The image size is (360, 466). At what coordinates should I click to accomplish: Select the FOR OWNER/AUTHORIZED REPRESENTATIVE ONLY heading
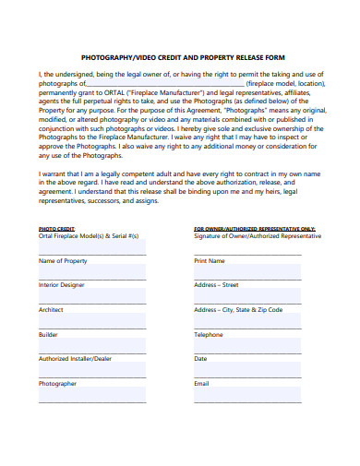pyautogui.click(x=255, y=227)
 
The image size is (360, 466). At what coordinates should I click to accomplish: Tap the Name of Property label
pyautogui.click(x=64, y=261)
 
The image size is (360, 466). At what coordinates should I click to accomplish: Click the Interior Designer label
pyautogui.click(x=62, y=285)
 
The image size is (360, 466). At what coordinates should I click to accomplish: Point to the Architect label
pyautogui.click(x=51, y=310)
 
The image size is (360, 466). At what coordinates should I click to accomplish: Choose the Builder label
pyautogui.click(x=48, y=334)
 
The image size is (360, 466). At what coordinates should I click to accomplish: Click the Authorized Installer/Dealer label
pyautogui.click(x=75, y=359)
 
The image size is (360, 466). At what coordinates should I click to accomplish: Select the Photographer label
pyautogui.click(x=57, y=383)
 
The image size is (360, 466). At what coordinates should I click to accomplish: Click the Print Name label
pyautogui.click(x=210, y=261)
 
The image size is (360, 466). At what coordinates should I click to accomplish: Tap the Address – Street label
pyautogui.click(x=216, y=285)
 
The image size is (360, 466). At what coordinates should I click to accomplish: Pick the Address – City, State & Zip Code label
pyautogui.click(x=238, y=310)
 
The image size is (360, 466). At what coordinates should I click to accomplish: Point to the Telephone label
pyautogui.click(x=209, y=334)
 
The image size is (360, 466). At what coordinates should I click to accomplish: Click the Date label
pyautogui.click(x=201, y=359)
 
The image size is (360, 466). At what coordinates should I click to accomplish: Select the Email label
pyautogui.click(x=202, y=383)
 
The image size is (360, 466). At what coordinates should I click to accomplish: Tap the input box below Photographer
pyautogui.click(x=91, y=396)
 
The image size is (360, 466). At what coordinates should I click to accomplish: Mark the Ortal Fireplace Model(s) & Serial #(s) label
pyautogui.click(x=88, y=236)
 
